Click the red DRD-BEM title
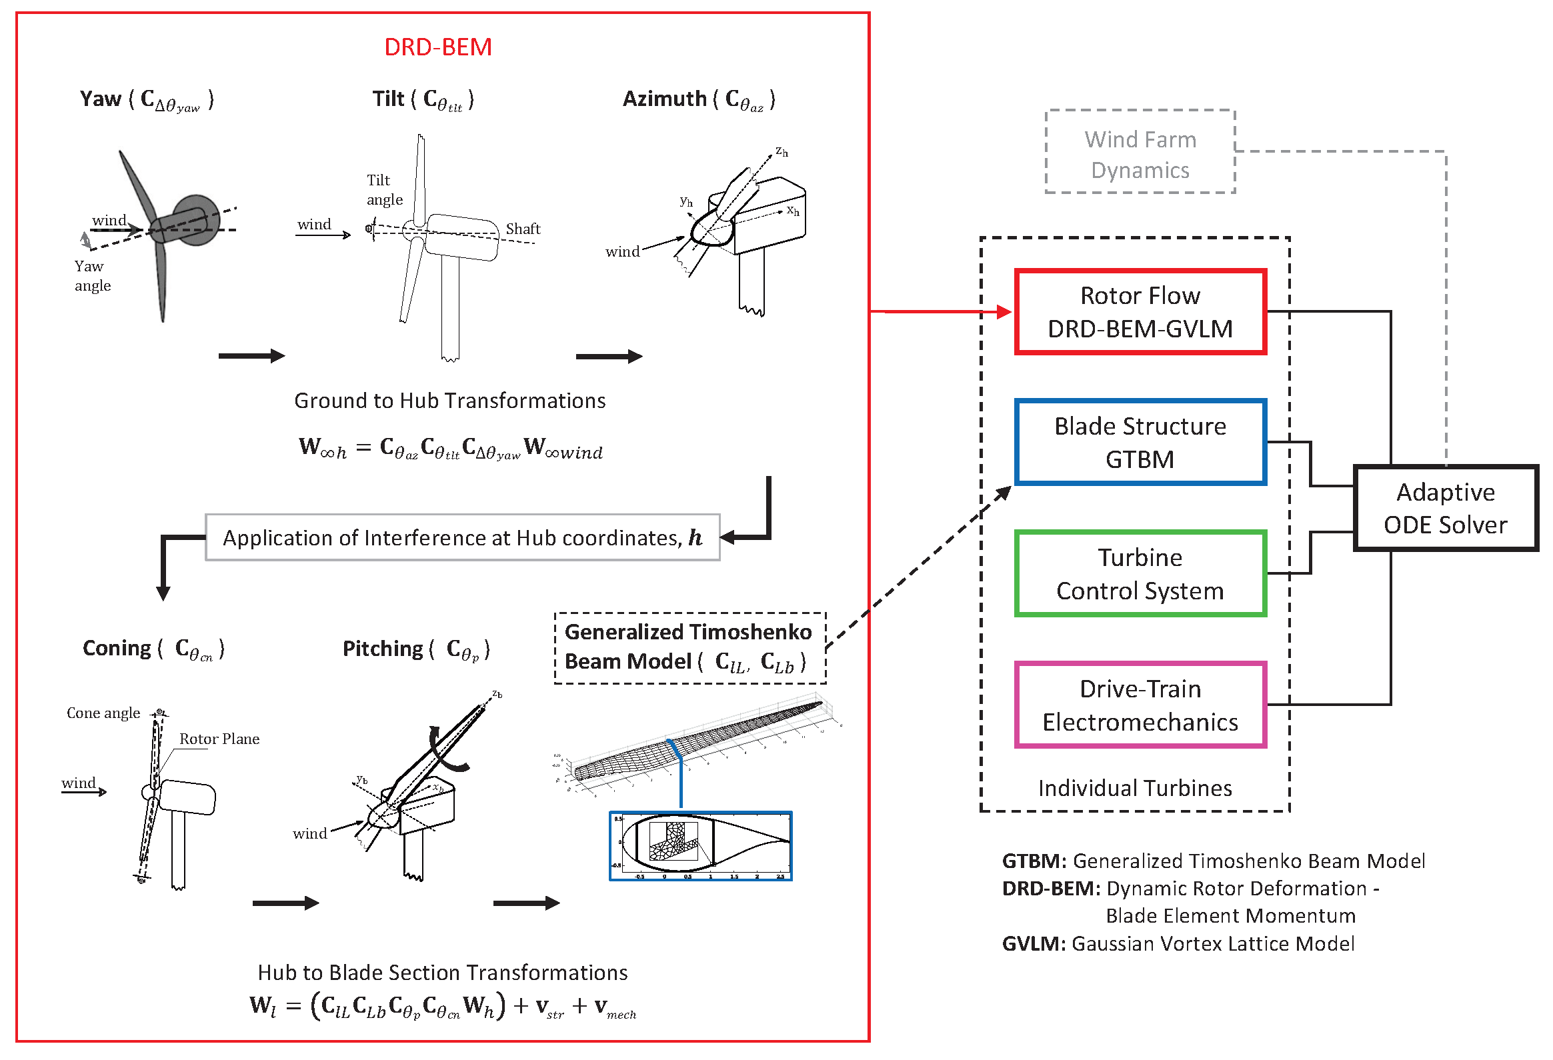[437, 47]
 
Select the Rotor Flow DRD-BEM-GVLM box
[1140, 312]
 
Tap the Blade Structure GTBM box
[1140, 442]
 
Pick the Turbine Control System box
[1140, 574]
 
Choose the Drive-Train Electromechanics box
[1140, 705]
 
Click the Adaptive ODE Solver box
[1445, 508]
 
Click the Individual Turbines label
[1134, 788]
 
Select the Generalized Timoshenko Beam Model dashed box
[689, 647]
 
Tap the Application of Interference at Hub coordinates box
[461, 538]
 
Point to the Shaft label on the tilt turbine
[523, 229]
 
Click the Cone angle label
[103, 713]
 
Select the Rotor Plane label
[219, 739]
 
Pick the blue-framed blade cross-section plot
[700, 845]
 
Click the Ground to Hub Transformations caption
[449, 401]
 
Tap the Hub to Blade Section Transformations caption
[442, 973]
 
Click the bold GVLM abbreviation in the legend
[1033, 944]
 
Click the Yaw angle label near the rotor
[92, 276]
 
